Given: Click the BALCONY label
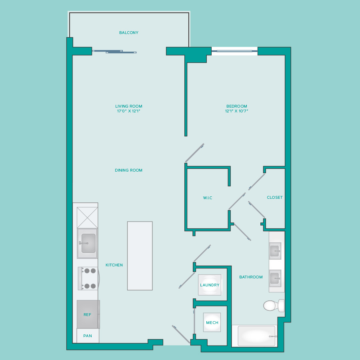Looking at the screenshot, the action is point(128,33).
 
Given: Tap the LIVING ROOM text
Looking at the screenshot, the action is point(128,106).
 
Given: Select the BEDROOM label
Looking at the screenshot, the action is point(236,106).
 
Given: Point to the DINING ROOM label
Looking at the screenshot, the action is point(128,170).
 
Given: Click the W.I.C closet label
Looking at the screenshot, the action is point(208,198).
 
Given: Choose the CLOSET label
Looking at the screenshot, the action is point(274,198).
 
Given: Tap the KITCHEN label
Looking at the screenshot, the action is point(114,265).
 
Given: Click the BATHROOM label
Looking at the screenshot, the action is point(251,277).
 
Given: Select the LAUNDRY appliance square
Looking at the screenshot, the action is point(210,285).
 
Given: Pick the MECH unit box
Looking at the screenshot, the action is point(212,322).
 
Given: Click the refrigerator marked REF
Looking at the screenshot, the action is point(88,314).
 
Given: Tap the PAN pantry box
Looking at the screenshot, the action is point(88,336).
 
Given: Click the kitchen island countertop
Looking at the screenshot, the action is point(140,256).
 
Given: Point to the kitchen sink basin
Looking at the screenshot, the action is point(88,243).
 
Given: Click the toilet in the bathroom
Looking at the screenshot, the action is point(274,306).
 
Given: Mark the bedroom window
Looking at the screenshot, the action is point(234,51).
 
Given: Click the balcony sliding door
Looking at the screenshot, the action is point(114,52).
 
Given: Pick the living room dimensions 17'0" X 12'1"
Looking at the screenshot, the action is point(128,111).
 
